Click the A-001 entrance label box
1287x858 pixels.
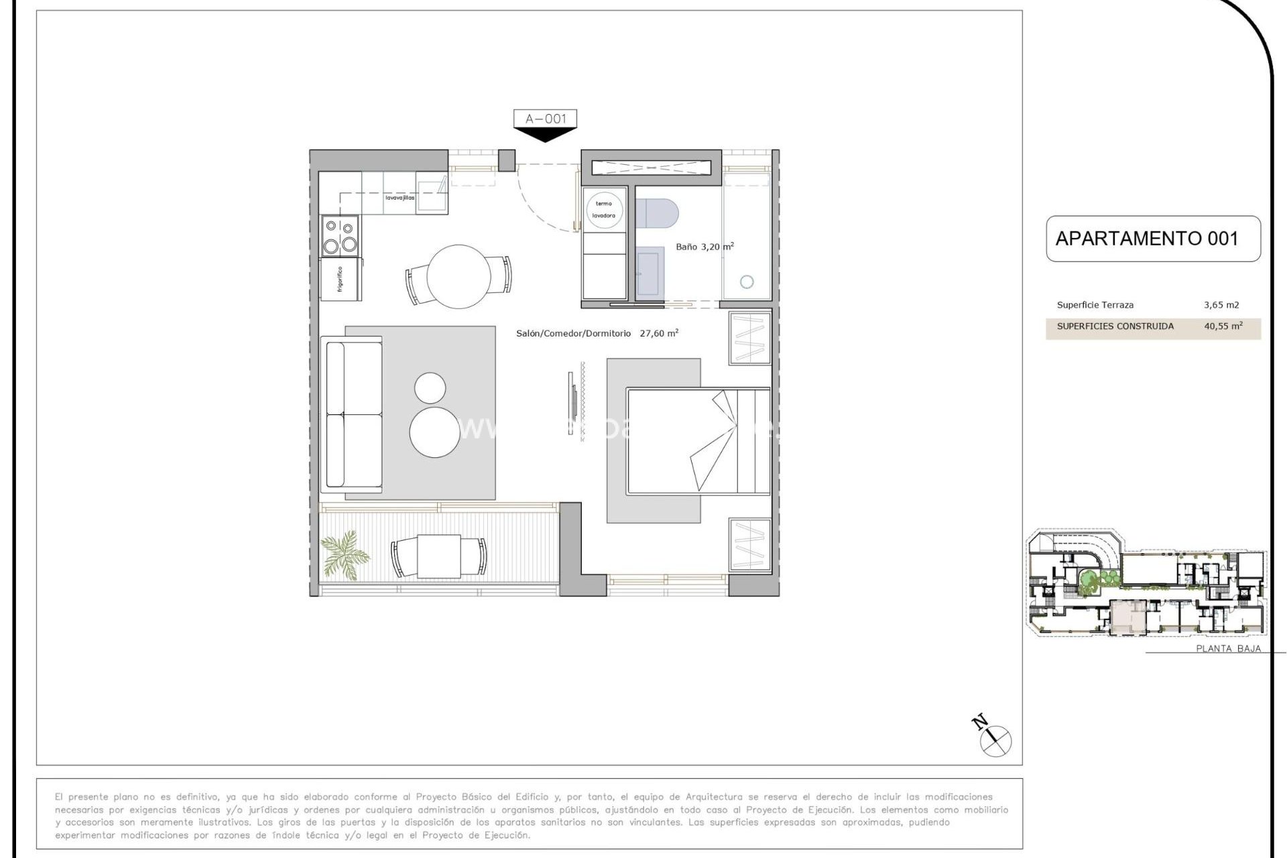click(545, 119)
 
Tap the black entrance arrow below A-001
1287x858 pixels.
click(545, 135)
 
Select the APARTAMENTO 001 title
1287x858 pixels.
click(1147, 239)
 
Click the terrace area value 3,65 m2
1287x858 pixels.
click(1221, 305)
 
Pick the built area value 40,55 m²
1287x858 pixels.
click(1223, 326)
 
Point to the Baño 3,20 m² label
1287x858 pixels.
click(704, 247)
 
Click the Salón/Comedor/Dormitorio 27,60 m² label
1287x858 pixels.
click(597, 333)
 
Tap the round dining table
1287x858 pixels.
click(458, 276)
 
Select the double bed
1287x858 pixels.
click(697, 440)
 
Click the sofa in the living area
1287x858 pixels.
click(353, 414)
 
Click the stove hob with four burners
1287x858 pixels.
click(340, 236)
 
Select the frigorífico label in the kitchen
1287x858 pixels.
click(341, 279)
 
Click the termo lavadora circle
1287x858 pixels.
click(604, 210)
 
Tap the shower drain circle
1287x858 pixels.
click(747, 282)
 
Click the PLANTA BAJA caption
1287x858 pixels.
click(1228, 648)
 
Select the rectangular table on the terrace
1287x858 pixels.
click(438, 556)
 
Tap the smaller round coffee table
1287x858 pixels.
click(430, 387)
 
